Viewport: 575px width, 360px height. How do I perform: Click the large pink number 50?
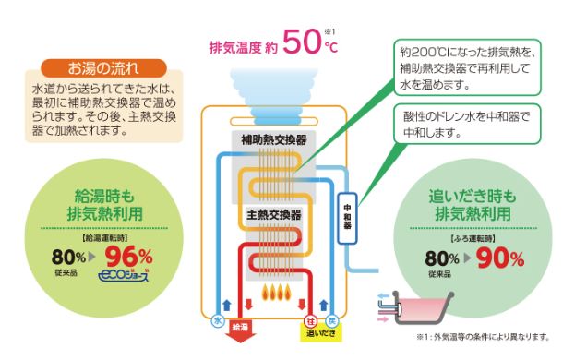pyautogui.click(x=302, y=42)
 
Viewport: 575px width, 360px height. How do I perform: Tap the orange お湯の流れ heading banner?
pyautogui.click(x=103, y=68)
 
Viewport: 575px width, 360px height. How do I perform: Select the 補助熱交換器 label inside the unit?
pyautogui.click(x=273, y=139)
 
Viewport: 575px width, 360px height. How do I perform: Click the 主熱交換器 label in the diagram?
pyautogui.click(x=273, y=214)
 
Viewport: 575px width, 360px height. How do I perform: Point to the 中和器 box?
pyautogui.click(x=347, y=218)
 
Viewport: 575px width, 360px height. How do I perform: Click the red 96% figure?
pyautogui.click(x=128, y=257)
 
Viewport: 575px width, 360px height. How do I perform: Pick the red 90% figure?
pyautogui.click(x=500, y=258)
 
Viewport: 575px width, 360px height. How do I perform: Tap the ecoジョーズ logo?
pyautogui.click(x=124, y=276)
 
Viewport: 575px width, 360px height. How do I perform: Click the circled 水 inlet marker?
pyautogui.click(x=218, y=321)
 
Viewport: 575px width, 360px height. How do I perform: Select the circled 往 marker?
pyautogui.click(x=311, y=321)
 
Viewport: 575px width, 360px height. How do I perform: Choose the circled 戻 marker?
pyautogui.click(x=332, y=321)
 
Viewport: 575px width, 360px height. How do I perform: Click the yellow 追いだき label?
pyautogui.click(x=321, y=333)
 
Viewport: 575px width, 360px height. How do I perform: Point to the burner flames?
pyautogui.click(x=277, y=293)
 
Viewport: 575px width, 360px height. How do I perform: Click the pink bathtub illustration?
pyautogui.click(x=424, y=307)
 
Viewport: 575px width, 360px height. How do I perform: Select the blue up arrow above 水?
pyautogui.click(x=227, y=305)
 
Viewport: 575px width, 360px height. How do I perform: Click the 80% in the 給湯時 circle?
pyautogui.click(x=68, y=257)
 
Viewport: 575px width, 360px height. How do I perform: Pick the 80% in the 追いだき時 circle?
pyautogui.click(x=442, y=258)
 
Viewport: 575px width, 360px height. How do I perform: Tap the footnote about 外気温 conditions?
pyautogui.click(x=483, y=337)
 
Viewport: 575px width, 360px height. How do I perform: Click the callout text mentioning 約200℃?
pyautogui.click(x=468, y=68)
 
